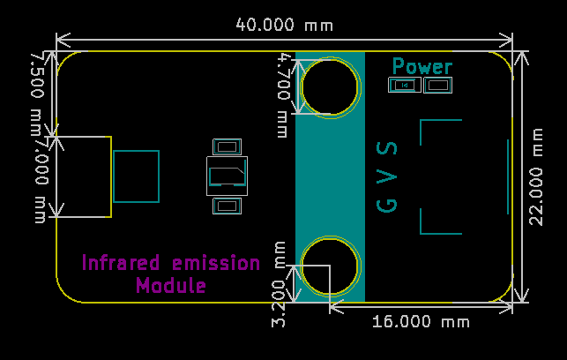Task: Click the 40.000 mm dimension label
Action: pos(284,25)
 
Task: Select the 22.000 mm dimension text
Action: pos(536,177)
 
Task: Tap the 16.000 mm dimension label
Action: pos(421,322)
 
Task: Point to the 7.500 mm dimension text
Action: pos(38,94)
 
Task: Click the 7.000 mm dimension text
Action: pos(42,180)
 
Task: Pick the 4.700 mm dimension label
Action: pos(284,96)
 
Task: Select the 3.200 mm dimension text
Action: pos(279,284)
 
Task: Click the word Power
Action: pos(422,66)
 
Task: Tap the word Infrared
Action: pos(121,262)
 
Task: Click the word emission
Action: pos(216,262)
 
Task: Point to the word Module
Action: pos(171,285)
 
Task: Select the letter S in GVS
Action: pos(387,148)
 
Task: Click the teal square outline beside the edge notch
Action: pos(114,176)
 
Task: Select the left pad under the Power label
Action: pos(405,85)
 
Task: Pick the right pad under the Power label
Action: pos(438,85)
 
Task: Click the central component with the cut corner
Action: pos(228,176)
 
